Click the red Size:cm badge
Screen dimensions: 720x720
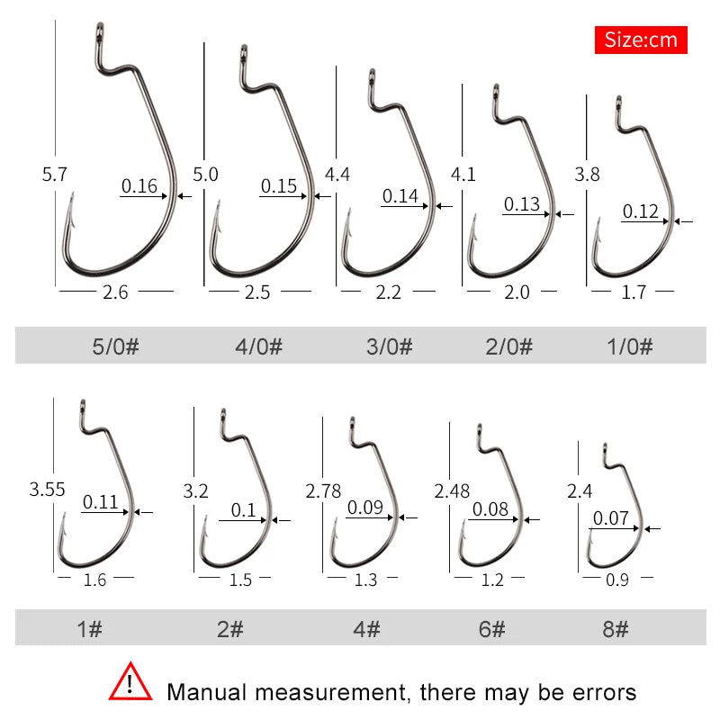(641, 40)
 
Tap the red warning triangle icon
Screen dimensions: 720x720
(130, 684)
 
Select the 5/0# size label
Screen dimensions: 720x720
(115, 346)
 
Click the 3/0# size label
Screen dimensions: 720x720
(388, 346)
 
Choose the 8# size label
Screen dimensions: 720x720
(616, 628)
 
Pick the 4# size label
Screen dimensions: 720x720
(365, 628)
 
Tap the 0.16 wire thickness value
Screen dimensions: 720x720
(139, 187)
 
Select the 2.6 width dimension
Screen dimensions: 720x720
(117, 292)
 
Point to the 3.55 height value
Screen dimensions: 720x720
(47, 490)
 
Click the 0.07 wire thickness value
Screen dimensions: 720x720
(610, 518)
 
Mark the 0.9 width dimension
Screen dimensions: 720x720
(617, 580)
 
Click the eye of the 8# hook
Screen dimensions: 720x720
(607, 448)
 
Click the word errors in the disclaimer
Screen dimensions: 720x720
(598, 692)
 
